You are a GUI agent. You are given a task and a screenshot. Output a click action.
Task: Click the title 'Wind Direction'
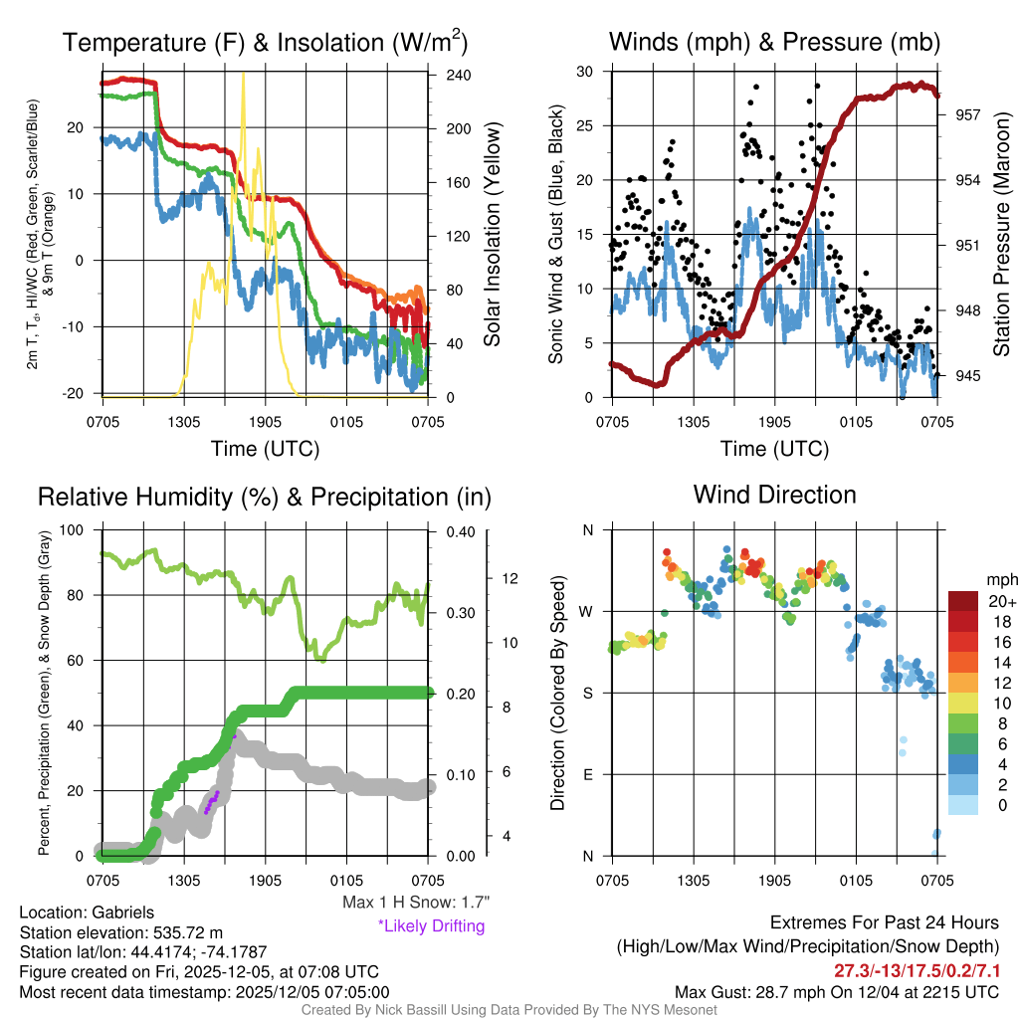[x=774, y=495]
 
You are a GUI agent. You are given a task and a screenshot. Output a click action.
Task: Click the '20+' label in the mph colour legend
[x=1000, y=601]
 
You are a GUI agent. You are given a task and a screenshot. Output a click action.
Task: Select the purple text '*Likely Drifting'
[x=431, y=925]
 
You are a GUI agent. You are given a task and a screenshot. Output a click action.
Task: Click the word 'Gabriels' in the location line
[x=122, y=912]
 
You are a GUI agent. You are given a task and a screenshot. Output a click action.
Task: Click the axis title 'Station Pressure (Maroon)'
[x=1002, y=234]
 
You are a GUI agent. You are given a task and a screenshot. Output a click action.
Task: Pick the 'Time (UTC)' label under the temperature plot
[x=265, y=449]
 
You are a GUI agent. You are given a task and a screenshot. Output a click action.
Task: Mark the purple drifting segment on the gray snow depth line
[x=211, y=802]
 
